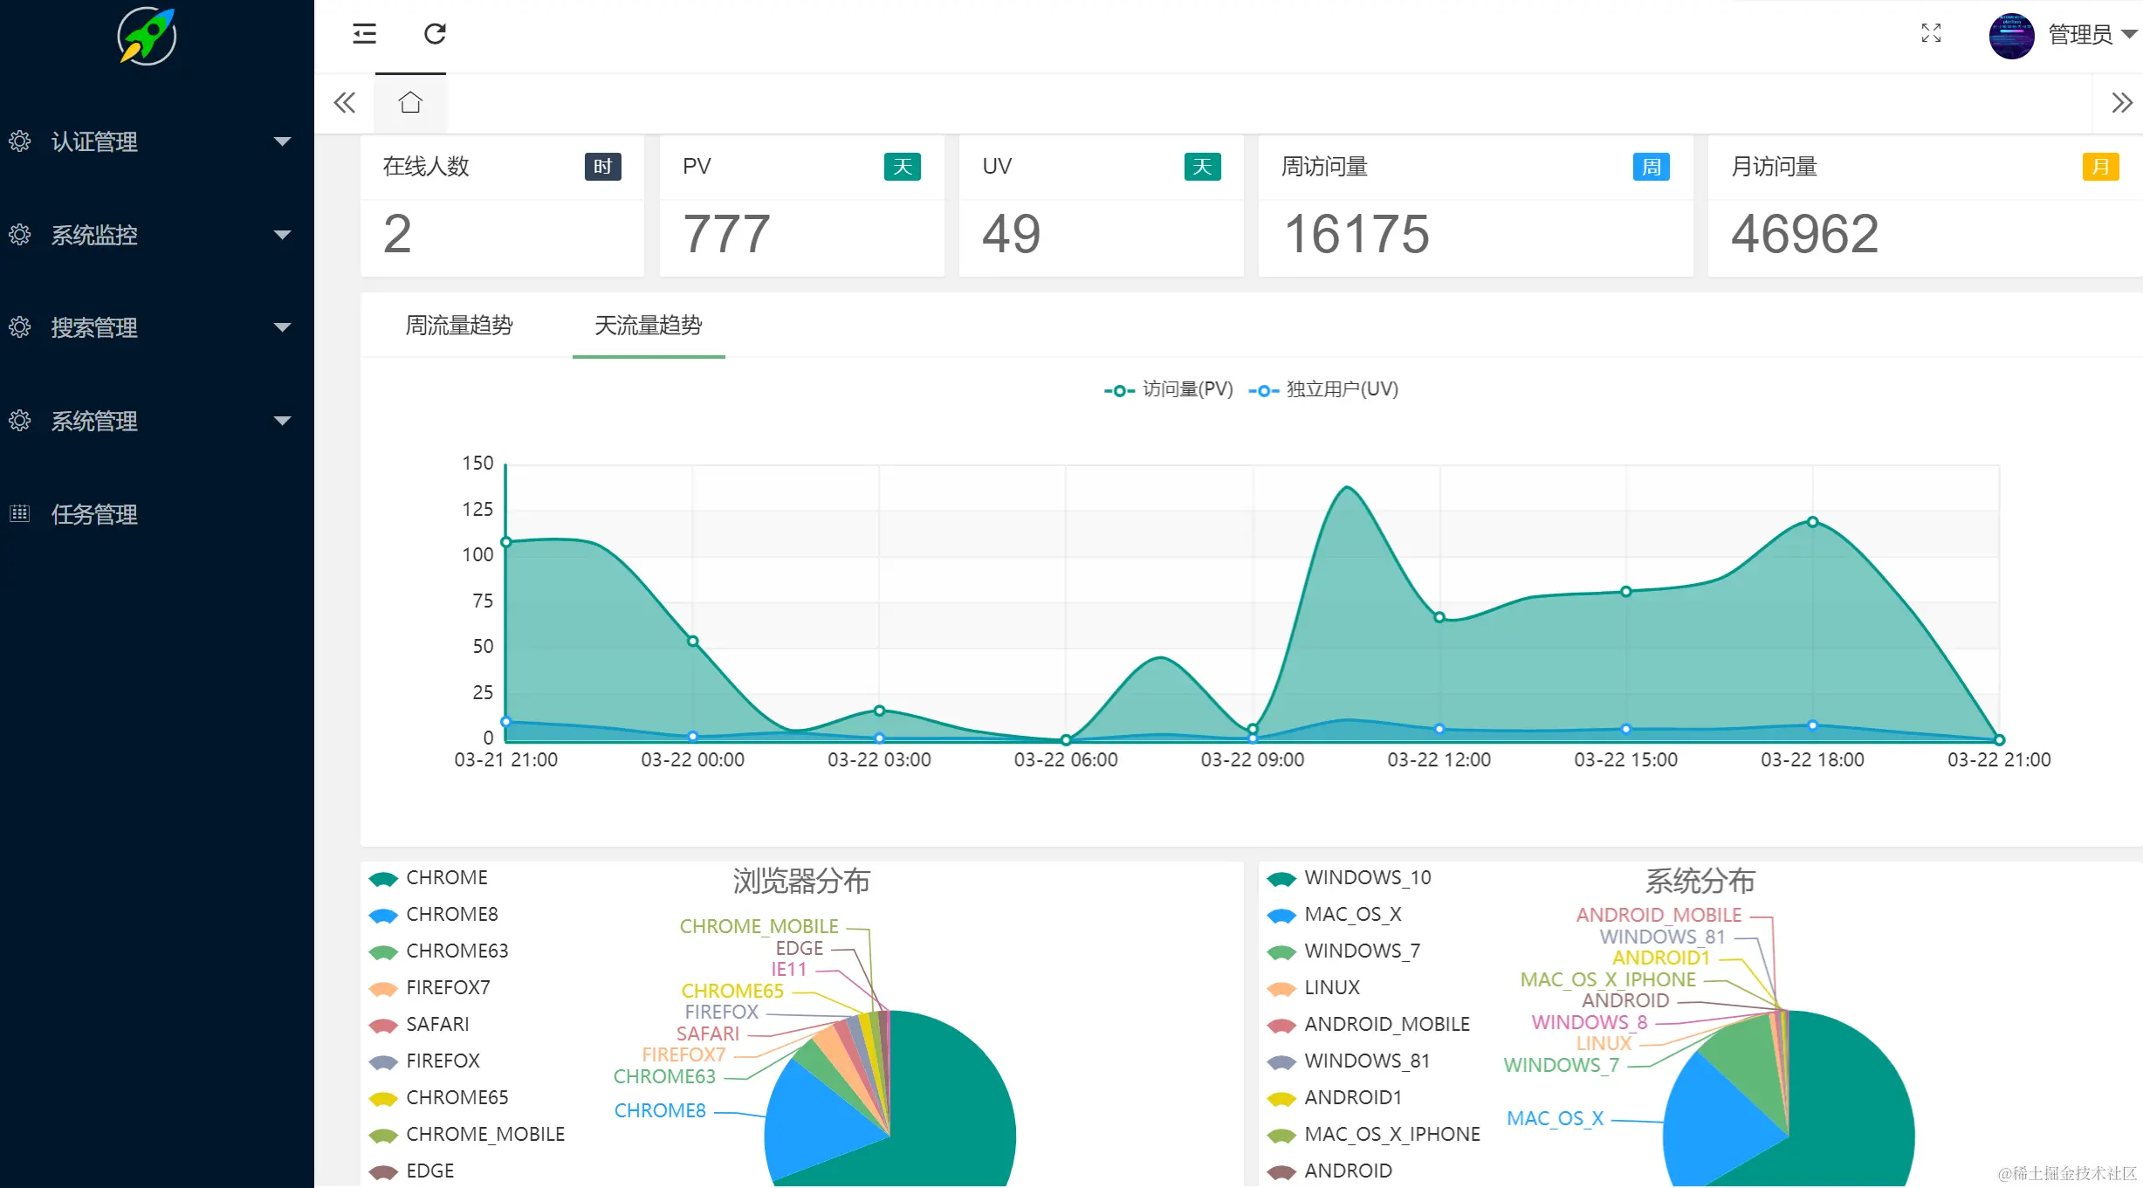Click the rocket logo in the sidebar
point(147,36)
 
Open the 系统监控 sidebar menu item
point(94,235)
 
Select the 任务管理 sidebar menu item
point(94,514)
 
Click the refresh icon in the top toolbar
point(435,34)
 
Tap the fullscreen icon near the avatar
point(1931,34)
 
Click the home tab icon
point(410,103)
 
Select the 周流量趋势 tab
point(459,326)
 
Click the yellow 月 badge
point(2100,167)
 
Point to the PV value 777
point(726,234)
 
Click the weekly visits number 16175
point(1357,234)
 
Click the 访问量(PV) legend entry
point(1170,389)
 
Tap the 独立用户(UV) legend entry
point(1324,389)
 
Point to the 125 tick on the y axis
point(477,509)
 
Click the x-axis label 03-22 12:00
point(1439,759)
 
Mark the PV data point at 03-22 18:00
point(1812,522)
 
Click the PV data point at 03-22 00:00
point(692,642)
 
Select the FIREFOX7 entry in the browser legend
point(447,987)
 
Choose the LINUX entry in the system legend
point(1331,987)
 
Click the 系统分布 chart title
point(1700,881)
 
